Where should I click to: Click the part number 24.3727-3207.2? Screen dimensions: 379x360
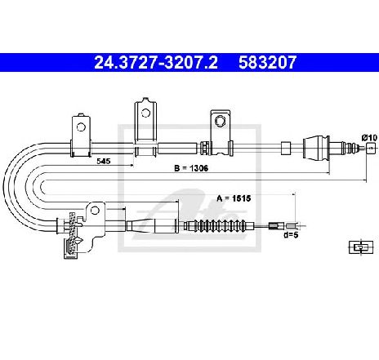click(x=156, y=63)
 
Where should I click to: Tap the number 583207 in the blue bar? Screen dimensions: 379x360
click(x=267, y=63)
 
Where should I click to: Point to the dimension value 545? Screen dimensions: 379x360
click(x=104, y=162)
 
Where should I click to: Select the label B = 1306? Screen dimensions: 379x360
click(x=191, y=168)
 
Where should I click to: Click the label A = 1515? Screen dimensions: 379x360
click(x=234, y=198)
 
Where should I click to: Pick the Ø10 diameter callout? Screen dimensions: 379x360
click(x=370, y=138)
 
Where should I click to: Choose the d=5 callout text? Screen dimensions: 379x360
click(x=291, y=234)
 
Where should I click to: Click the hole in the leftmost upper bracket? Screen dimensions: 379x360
click(x=81, y=127)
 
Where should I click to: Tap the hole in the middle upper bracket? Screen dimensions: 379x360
click(x=145, y=113)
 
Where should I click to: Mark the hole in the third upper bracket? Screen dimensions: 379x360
click(x=220, y=121)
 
